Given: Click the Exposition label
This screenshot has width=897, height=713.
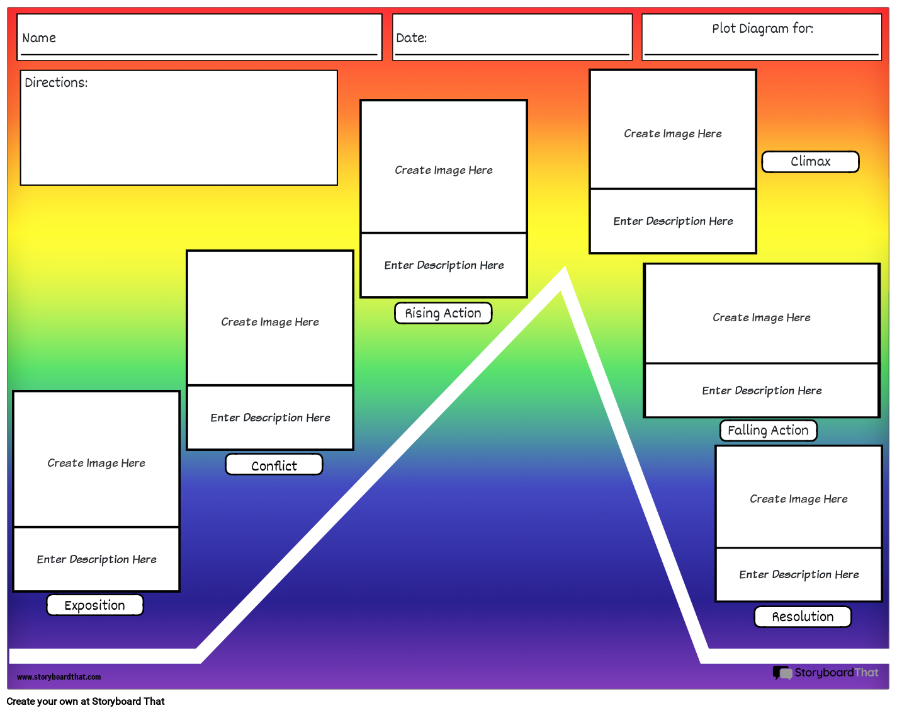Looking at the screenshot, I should tap(95, 605).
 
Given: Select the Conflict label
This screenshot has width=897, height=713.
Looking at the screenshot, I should tap(274, 465).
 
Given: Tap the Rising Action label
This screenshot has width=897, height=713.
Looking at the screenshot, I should tap(443, 313).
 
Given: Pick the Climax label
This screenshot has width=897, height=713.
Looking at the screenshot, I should tap(810, 161).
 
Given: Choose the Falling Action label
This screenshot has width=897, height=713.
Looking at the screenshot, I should tap(768, 430).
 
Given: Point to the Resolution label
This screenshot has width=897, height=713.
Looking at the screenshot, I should tap(803, 617).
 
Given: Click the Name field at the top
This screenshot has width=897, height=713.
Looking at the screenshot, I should tap(199, 38).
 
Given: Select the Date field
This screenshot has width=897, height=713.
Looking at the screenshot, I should tap(512, 38).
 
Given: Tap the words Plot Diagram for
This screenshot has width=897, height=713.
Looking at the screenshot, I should tap(762, 28).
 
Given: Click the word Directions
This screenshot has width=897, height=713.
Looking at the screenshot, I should tap(56, 83).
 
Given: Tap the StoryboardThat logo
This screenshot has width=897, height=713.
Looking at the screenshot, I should tap(826, 673).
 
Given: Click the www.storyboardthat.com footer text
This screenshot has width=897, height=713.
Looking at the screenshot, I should tap(59, 677).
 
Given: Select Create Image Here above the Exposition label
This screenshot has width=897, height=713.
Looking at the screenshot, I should tap(96, 463).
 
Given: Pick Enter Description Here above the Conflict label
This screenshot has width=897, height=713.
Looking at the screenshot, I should tap(270, 418).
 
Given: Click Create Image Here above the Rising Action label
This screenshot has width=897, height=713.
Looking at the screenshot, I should tap(444, 170).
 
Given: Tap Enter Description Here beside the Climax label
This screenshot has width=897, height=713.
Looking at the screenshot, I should tap(673, 221).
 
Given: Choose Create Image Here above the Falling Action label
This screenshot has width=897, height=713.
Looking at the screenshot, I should tap(762, 317).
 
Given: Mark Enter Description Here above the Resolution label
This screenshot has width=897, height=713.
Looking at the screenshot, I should tap(799, 574).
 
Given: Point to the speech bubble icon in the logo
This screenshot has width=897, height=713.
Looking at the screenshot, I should tap(782, 673).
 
